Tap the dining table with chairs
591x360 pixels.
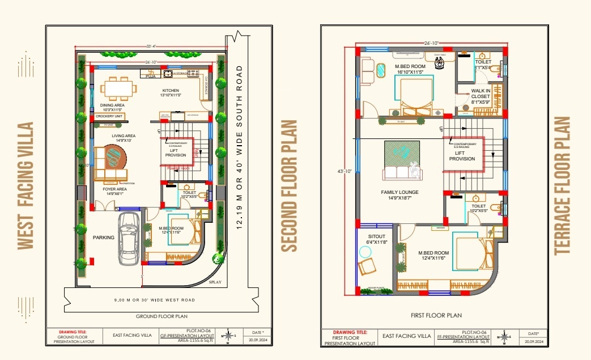pyautogui.click(x=119, y=88)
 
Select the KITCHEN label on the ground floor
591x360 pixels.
pyautogui.click(x=171, y=91)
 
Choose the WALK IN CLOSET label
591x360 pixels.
pyautogui.click(x=481, y=94)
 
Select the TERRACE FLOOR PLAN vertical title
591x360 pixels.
pyautogui.click(x=562, y=185)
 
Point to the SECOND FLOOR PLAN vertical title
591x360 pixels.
pyautogui.click(x=290, y=185)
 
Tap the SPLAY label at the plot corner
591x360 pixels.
pyautogui.click(x=215, y=282)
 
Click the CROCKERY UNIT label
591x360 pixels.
pyautogui.click(x=109, y=116)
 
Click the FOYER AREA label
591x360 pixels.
pyautogui.click(x=114, y=191)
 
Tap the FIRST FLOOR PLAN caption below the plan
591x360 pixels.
pyautogui.click(x=436, y=315)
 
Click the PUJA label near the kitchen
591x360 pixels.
pyautogui.click(x=150, y=75)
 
